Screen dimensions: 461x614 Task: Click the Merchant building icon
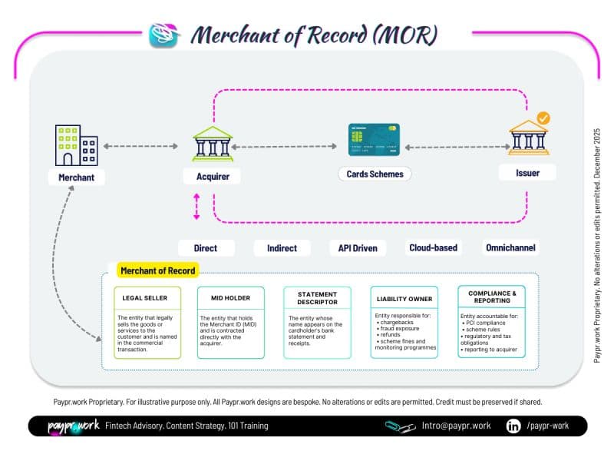click(76, 145)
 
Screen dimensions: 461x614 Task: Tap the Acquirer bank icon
click(213, 144)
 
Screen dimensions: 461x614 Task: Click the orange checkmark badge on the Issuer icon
click(543, 119)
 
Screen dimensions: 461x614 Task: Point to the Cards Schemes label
click(375, 174)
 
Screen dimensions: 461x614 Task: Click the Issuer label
click(527, 173)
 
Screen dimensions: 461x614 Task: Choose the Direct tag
click(206, 248)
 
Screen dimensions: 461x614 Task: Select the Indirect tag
click(282, 248)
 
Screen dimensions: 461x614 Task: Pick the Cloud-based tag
click(433, 248)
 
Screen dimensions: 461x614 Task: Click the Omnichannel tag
click(510, 248)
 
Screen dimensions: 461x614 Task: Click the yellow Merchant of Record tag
click(158, 270)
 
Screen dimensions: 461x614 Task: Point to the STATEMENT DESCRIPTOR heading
click(316, 298)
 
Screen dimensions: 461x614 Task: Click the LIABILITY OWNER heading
click(404, 298)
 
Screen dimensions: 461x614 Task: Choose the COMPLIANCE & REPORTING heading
click(492, 297)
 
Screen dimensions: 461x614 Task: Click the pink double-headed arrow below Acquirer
click(196, 207)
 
